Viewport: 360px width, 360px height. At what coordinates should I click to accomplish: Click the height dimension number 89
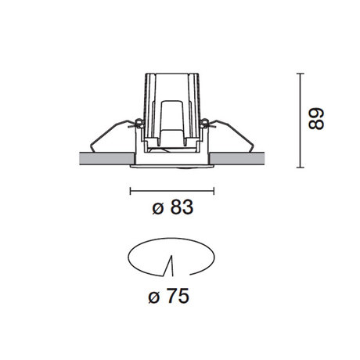pyautogui.click(x=316, y=119)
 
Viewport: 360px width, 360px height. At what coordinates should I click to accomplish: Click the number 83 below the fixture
pyautogui.click(x=182, y=207)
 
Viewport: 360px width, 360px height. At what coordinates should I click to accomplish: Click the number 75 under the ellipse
pyautogui.click(x=178, y=296)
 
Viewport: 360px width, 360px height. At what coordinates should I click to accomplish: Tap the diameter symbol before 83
pyautogui.click(x=158, y=208)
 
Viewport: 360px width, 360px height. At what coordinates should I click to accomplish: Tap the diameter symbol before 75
pyautogui.click(x=154, y=297)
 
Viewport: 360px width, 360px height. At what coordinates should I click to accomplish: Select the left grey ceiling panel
pyautogui.click(x=106, y=159)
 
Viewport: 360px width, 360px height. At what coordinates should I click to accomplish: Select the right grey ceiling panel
pyautogui.click(x=237, y=159)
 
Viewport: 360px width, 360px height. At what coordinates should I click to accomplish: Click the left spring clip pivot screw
pyautogui.click(x=139, y=123)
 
